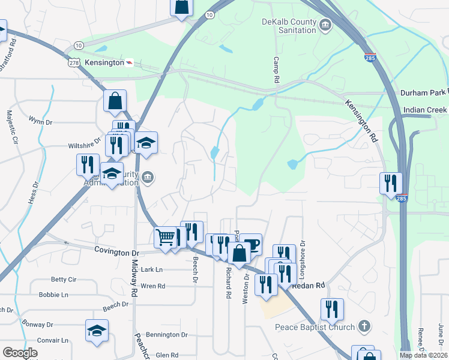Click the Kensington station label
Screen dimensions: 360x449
point(104,62)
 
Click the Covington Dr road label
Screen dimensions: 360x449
point(117,253)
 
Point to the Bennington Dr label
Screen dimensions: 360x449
point(167,335)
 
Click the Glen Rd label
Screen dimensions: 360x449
point(167,355)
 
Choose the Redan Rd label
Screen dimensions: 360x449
point(309,286)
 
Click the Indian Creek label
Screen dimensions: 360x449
point(426,110)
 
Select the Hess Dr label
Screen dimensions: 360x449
point(31,202)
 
